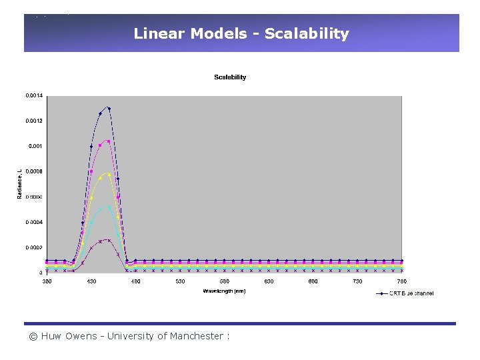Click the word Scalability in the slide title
point(307,34)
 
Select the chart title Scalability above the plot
point(230,77)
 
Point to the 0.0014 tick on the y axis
point(34,96)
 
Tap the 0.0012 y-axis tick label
point(34,121)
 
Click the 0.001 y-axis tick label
point(35,146)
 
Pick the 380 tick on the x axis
point(47,281)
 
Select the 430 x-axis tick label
point(91,281)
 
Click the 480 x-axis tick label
point(135,281)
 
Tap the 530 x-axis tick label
point(180,281)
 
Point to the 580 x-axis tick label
point(225,281)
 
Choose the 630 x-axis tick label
point(269,281)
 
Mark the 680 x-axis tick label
point(313,281)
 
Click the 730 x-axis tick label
point(357,281)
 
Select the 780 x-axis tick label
point(402,281)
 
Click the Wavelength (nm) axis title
point(225,291)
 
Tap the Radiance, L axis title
point(19,183)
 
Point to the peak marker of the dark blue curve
point(109,108)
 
